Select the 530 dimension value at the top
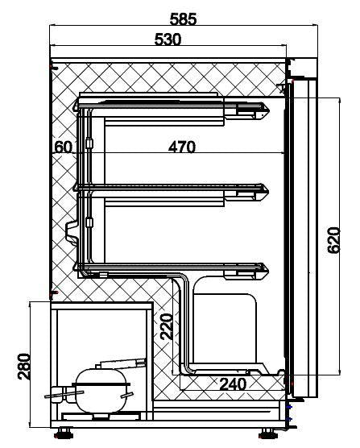170,39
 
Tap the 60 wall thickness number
64,147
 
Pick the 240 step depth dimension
234,384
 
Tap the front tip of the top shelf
266,108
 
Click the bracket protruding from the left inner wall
70,230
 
